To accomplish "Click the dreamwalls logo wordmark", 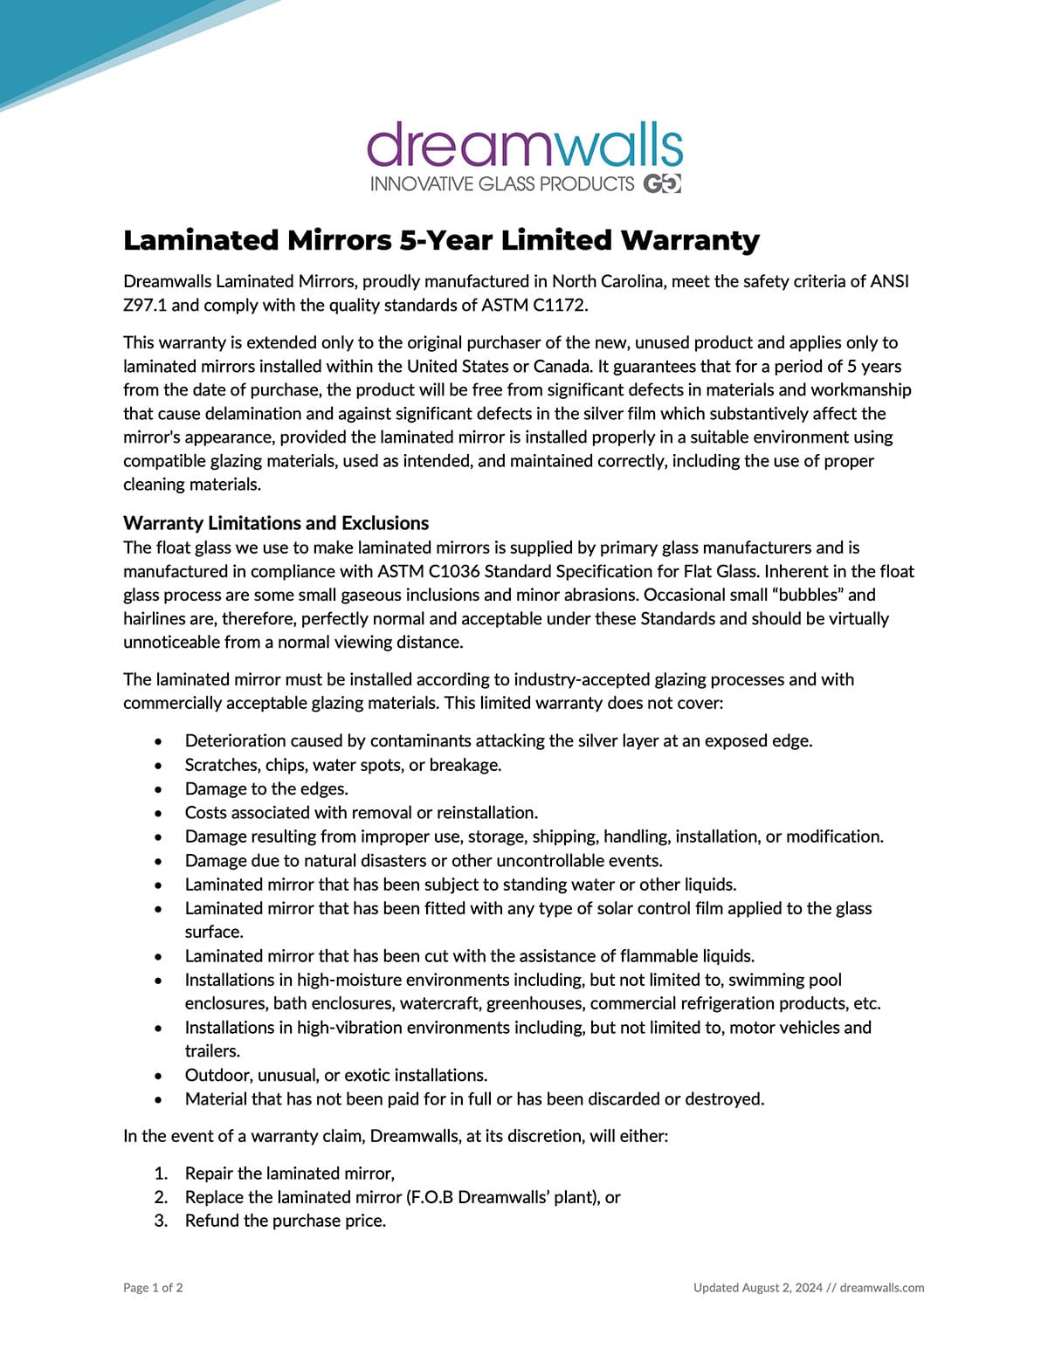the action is tap(524, 145).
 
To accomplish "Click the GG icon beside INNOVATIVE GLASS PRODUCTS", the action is tap(662, 183).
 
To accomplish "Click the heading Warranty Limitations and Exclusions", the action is tap(276, 523).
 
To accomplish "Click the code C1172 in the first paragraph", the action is tap(554, 306).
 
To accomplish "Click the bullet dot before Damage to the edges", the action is tap(158, 789).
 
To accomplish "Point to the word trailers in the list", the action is tap(212, 1051).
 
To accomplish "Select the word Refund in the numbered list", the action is tap(211, 1222).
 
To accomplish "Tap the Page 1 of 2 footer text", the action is tap(154, 1288).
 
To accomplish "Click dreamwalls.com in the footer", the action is tap(882, 1288).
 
